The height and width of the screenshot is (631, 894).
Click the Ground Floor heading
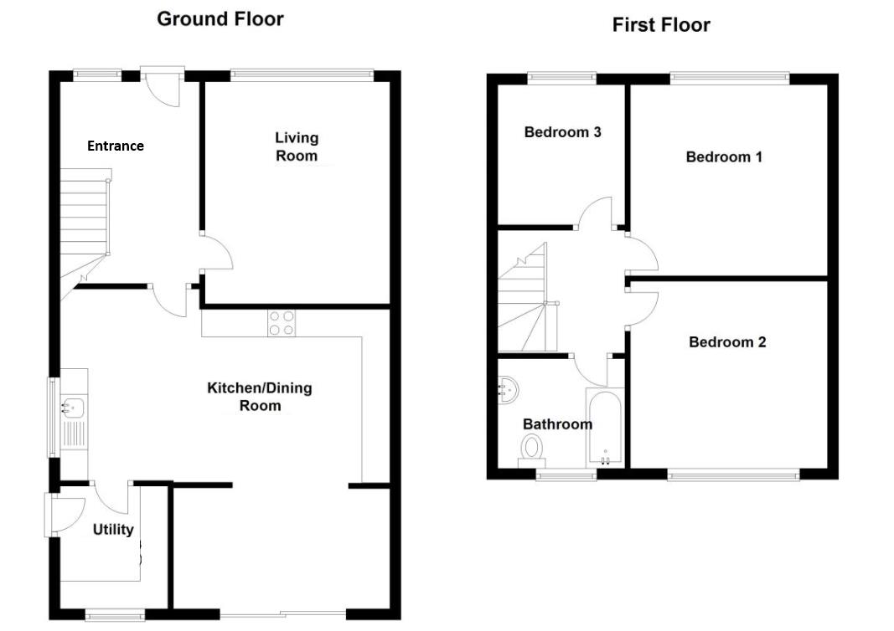[220, 18]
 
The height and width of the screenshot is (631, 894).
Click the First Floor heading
[661, 25]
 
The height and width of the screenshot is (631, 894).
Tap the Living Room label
[297, 146]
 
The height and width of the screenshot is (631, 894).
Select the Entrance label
[115, 146]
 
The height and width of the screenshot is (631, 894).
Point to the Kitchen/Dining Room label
[260, 397]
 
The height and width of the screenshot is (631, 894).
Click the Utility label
[113, 530]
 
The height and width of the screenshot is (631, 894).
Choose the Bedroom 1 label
[724, 156]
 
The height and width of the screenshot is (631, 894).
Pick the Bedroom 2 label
[727, 341]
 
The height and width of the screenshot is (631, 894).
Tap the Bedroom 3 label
[562, 132]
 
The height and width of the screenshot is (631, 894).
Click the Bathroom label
[557, 424]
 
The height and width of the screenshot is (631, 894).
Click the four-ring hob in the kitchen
[282, 323]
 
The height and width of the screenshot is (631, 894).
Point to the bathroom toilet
[532, 450]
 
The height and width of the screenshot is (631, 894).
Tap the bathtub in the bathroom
[605, 428]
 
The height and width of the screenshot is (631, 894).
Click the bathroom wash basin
[508, 390]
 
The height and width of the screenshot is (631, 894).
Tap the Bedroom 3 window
[561, 78]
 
